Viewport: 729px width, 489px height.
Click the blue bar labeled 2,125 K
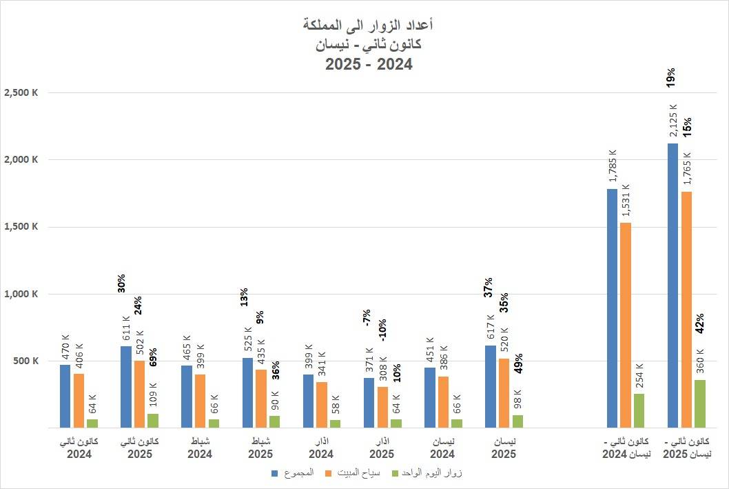click(x=672, y=286)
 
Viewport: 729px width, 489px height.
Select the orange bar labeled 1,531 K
click(x=626, y=325)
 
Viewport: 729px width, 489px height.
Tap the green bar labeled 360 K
click(x=699, y=403)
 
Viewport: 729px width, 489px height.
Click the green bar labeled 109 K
click(x=152, y=421)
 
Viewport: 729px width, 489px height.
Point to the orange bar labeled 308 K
click(x=382, y=407)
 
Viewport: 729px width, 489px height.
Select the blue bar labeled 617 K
click(x=490, y=386)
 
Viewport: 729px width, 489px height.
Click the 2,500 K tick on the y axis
click(x=21, y=93)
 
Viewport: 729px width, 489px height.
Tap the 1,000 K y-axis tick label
click(x=21, y=295)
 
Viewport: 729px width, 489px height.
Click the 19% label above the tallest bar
click(x=671, y=77)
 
